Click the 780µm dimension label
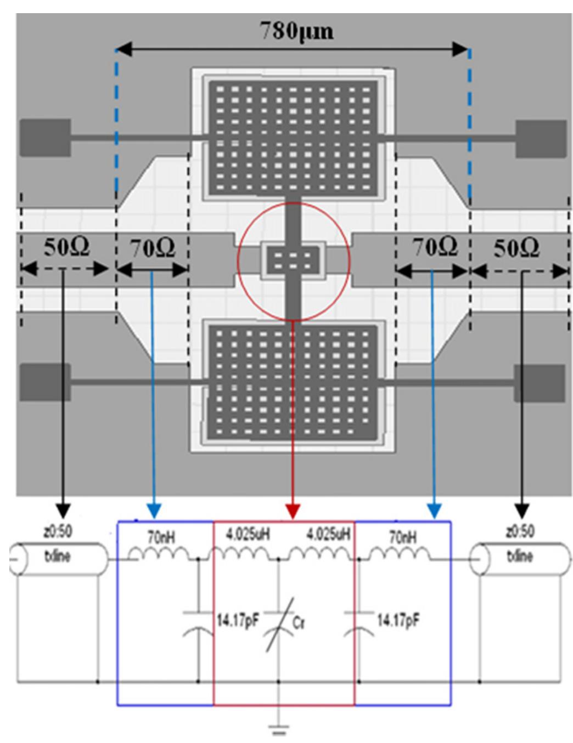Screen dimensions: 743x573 click(296, 31)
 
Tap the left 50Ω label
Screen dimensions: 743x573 click(66, 247)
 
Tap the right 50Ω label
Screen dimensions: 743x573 click(516, 248)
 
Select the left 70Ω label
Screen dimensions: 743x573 click(153, 248)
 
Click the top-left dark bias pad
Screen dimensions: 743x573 click(45, 137)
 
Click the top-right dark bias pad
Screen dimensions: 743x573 click(541, 137)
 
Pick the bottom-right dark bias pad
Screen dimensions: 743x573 click(539, 382)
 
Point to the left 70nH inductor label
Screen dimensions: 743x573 click(161, 537)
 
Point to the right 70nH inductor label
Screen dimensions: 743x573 click(402, 537)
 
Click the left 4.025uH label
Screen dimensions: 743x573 click(248, 534)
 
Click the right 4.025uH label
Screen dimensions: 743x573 click(328, 534)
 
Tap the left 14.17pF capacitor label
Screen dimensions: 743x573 click(236, 621)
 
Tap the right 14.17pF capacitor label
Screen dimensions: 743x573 click(398, 621)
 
